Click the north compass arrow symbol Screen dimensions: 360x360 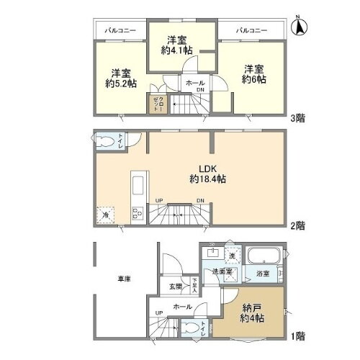[x=300, y=26]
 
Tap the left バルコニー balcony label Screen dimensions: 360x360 [x=117, y=31]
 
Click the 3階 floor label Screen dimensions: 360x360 [x=296, y=118]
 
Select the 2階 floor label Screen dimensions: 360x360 [x=296, y=225]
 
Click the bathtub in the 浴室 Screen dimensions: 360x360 [x=263, y=256]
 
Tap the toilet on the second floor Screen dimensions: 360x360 [x=107, y=142]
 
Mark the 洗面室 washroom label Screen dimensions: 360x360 [x=222, y=272]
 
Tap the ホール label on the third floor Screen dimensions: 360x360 [x=194, y=84]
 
